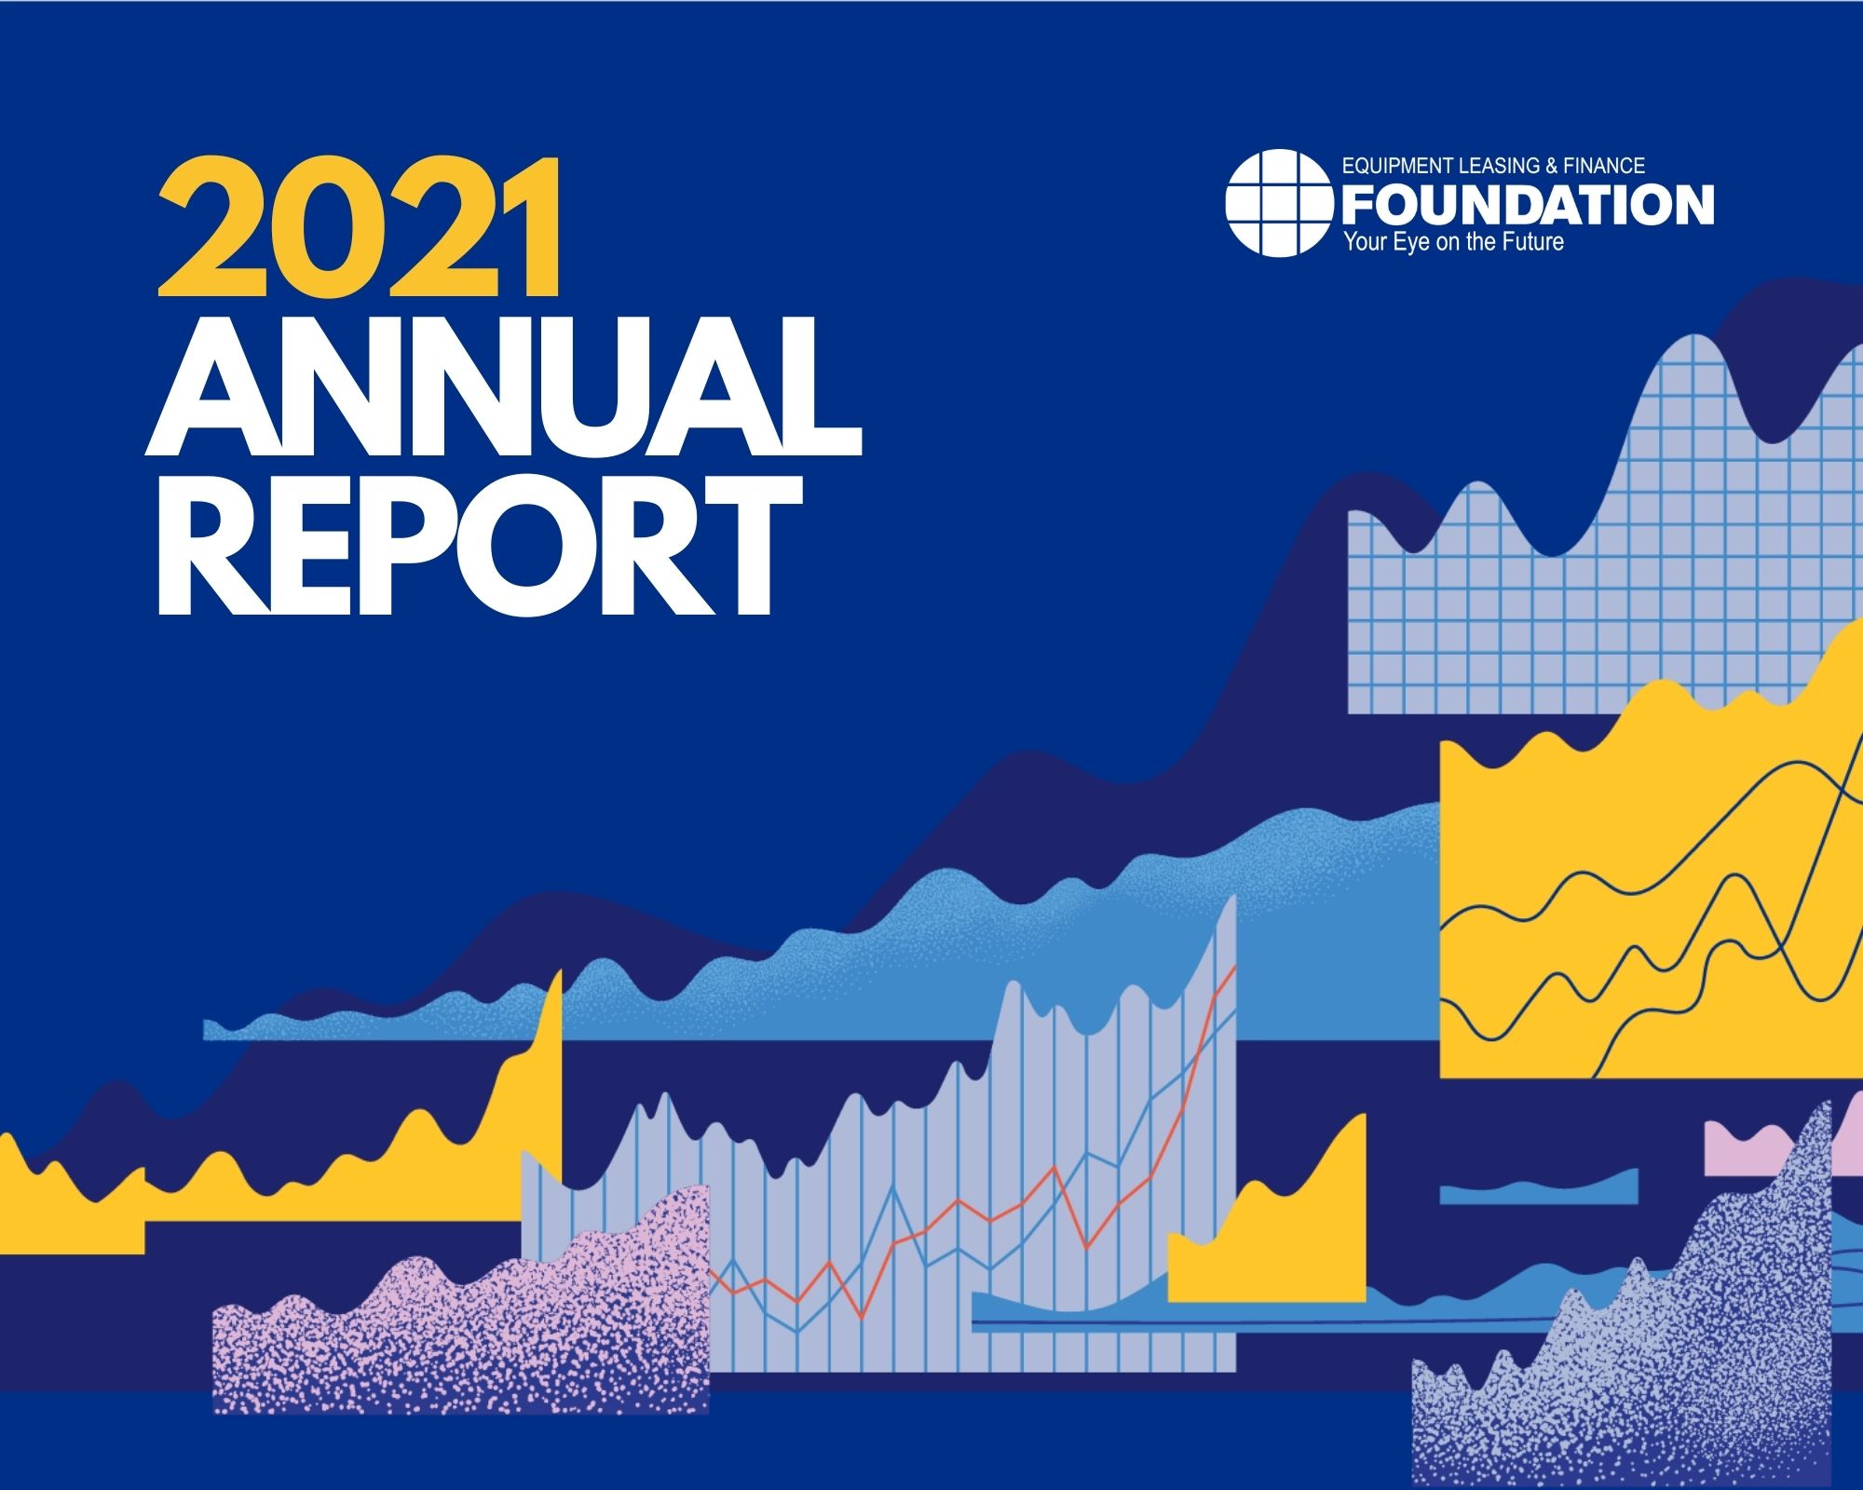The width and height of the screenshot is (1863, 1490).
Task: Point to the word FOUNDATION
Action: (x=1528, y=204)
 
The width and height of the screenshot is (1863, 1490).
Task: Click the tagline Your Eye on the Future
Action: (x=1453, y=243)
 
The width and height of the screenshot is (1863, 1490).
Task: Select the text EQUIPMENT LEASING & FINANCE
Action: (x=1493, y=166)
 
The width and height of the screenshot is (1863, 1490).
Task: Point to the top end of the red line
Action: (x=1235, y=967)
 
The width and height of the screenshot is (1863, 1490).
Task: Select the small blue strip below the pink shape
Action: (x=1539, y=1192)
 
